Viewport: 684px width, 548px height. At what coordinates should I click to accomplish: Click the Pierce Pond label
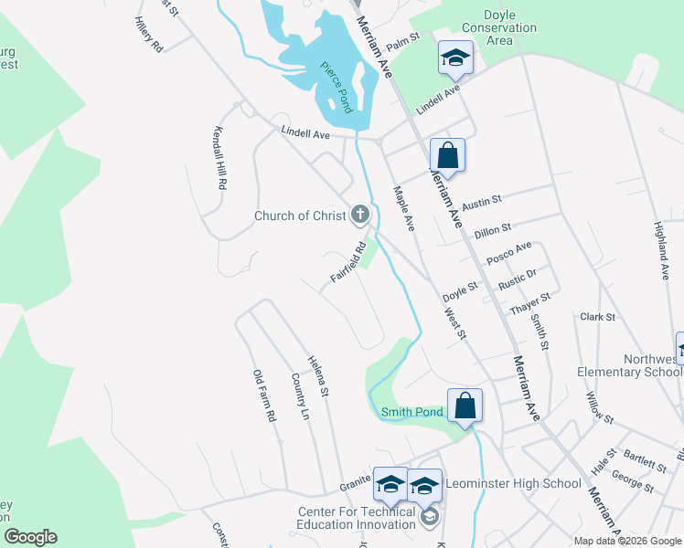(x=336, y=87)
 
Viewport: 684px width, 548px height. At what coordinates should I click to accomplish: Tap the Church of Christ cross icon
(x=360, y=216)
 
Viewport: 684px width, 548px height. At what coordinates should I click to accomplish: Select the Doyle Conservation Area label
(x=499, y=28)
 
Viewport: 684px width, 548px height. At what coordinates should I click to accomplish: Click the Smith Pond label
(x=411, y=412)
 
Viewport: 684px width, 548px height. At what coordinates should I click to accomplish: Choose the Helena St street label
(x=317, y=376)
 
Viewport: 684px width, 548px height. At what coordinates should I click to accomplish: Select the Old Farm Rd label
(x=264, y=395)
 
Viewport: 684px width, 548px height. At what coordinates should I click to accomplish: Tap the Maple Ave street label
(x=404, y=208)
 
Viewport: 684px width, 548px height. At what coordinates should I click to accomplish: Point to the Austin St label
(x=482, y=202)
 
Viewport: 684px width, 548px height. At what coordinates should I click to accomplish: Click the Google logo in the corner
(x=30, y=537)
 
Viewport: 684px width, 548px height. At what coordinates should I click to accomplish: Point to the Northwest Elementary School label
(x=628, y=365)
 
